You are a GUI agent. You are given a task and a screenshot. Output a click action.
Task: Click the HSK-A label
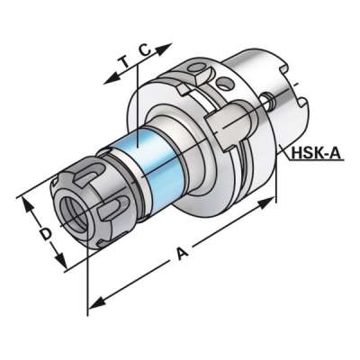click(316, 153)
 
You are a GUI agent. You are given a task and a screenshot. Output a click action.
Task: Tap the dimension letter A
click(182, 254)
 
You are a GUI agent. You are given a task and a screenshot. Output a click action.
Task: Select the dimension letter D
click(46, 234)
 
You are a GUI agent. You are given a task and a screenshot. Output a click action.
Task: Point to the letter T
click(123, 63)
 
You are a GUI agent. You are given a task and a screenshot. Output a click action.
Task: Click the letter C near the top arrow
click(145, 49)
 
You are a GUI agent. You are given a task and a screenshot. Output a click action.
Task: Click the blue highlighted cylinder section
click(156, 169)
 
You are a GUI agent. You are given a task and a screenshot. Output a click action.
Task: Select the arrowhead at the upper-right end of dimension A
click(266, 202)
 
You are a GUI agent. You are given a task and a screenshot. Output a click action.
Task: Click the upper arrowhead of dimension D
click(28, 206)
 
